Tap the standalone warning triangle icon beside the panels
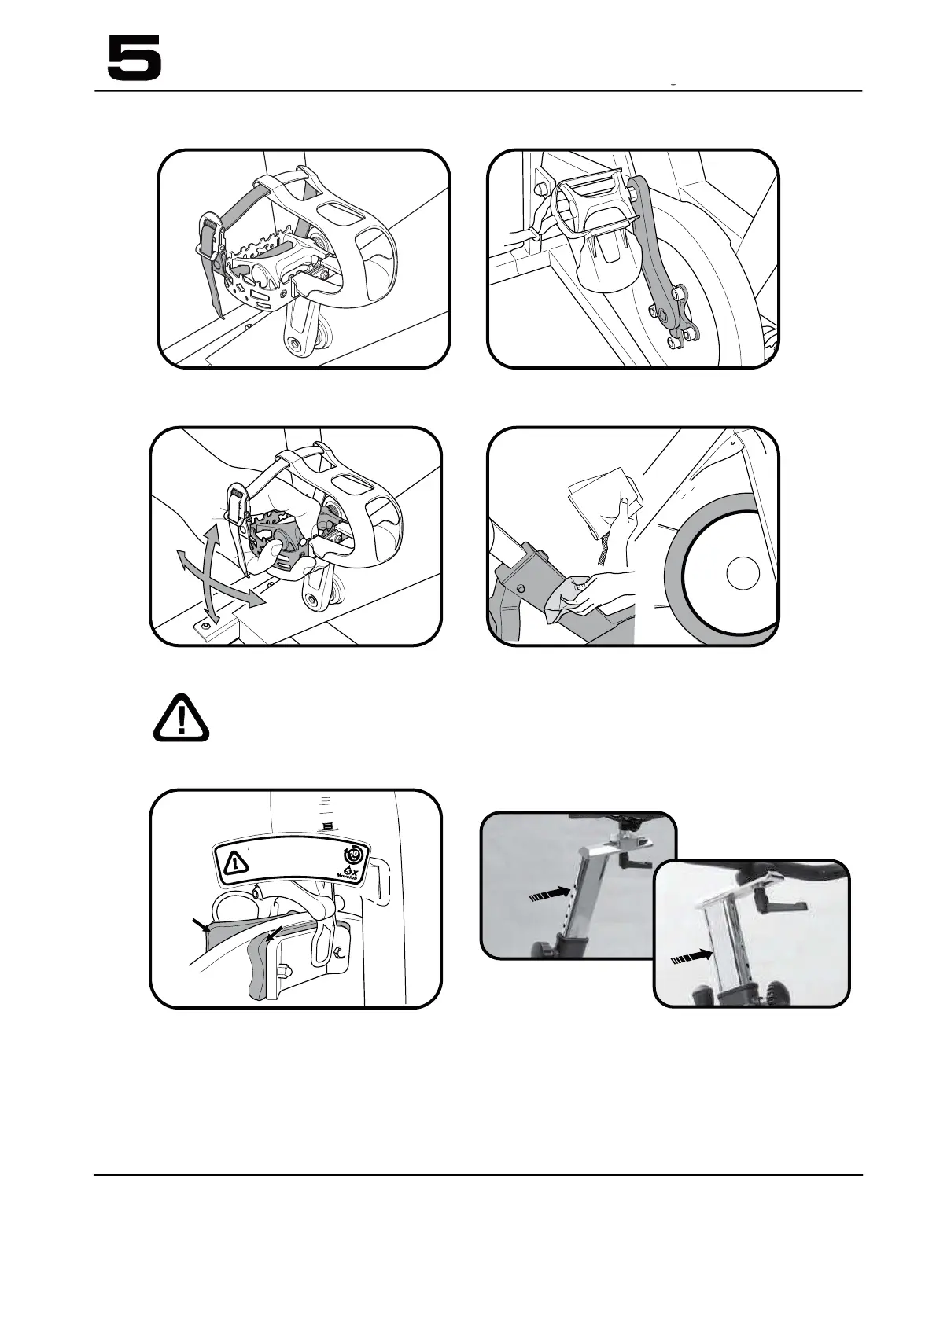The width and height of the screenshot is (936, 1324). pos(181,718)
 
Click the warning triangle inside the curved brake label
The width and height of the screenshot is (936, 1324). pos(234,863)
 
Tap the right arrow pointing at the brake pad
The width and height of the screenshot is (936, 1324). pos(275,935)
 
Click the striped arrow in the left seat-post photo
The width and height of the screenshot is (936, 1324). pos(547,895)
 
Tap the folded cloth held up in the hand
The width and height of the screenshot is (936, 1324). pos(600,499)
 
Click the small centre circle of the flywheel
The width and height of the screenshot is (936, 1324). pos(742,572)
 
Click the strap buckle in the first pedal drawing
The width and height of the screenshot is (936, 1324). pos(209,234)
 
